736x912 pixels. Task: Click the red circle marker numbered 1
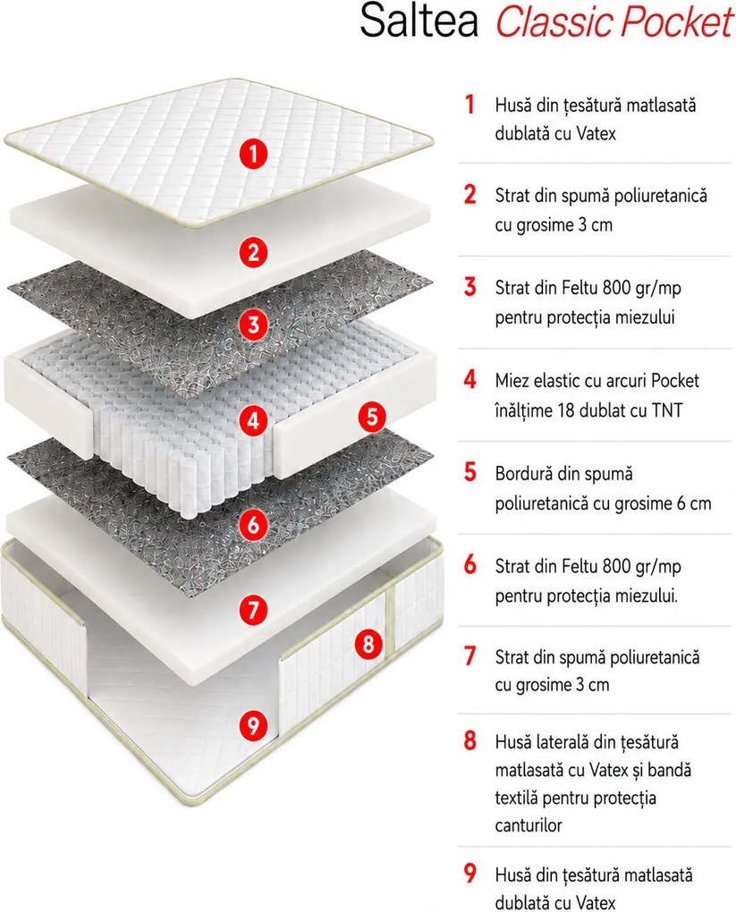pos(253,154)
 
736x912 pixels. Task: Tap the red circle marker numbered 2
pos(253,252)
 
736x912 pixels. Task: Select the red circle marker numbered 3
pos(253,325)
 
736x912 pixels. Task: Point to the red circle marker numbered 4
pos(253,420)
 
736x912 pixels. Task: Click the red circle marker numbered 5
pos(372,417)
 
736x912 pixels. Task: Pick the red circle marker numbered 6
pos(253,525)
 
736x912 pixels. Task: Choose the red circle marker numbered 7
pos(253,610)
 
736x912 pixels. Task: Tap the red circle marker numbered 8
pos(368,644)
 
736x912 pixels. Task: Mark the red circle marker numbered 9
pos(253,725)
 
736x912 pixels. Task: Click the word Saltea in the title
pos(419,21)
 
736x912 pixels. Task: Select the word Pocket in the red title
pos(677,22)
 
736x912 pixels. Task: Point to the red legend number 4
pos(470,380)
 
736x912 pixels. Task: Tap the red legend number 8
pos(470,741)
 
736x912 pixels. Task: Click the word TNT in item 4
pos(667,410)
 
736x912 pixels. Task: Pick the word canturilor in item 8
pos(529,824)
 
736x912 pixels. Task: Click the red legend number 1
pos(470,105)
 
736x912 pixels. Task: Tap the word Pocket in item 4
pos(675,380)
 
